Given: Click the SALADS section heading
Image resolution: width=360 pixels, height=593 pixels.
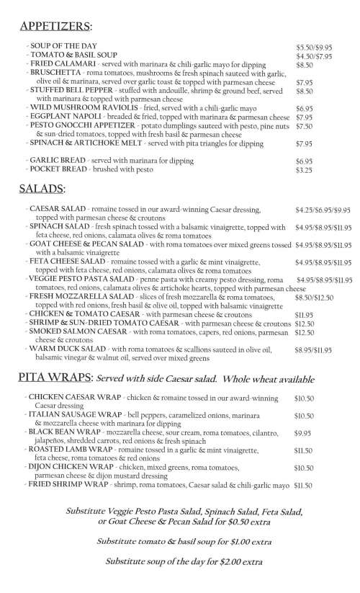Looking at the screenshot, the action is (x=43, y=190).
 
